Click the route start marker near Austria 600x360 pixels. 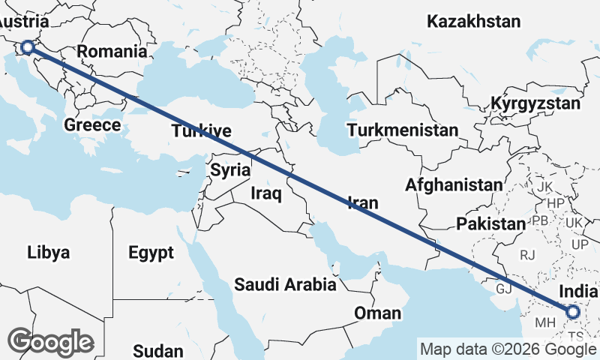[x=27, y=47]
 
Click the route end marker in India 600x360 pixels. [x=573, y=311]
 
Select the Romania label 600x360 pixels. [x=112, y=52]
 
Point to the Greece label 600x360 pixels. [x=92, y=124]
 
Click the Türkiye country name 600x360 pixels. [x=201, y=131]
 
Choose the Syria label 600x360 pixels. [x=229, y=170]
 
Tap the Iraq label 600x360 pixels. [x=265, y=194]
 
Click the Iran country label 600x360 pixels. [x=362, y=202]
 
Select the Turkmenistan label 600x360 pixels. [x=402, y=130]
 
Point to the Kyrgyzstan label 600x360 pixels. [x=536, y=103]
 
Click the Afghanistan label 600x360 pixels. [x=453, y=184]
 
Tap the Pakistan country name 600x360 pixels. [x=491, y=223]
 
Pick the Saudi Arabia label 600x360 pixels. [x=285, y=285]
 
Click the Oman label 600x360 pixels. [x=378, y=313]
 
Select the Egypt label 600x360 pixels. [x=151, y=251]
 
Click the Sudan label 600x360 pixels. [x=157, y=350]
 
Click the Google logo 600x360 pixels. [x=51, y=342]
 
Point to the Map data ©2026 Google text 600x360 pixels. [x=508, y=349]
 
